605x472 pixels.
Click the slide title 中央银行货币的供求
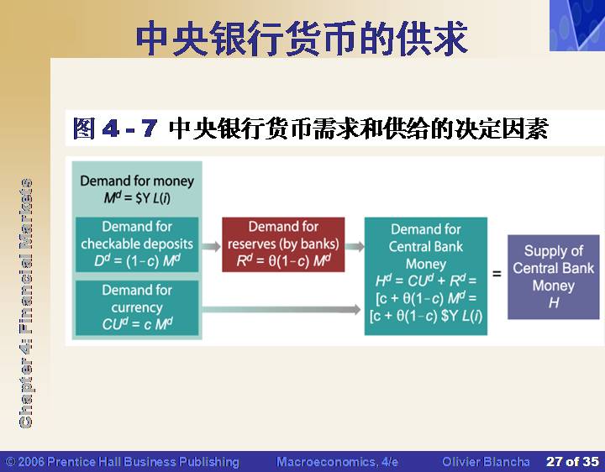click(302, 38)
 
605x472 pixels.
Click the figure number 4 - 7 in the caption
click(130, 128)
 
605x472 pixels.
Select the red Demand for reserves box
click(283, 244)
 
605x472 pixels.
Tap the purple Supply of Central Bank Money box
click(553, 277)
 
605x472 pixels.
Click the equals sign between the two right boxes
click(497, 274)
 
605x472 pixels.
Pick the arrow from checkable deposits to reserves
click(211, 246)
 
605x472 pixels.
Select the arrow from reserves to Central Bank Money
click(355, 246)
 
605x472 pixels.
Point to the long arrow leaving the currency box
click(281, 309)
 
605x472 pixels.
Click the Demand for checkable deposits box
click(137, 244)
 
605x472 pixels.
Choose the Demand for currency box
click(137, 307)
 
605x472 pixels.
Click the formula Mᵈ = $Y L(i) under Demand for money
click(137, 198)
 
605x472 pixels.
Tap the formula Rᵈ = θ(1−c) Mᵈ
click(283, 261)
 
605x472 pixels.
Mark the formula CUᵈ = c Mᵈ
click(137, 324)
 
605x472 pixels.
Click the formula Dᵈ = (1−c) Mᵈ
click(137, 261)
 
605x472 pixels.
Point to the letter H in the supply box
click(554, 302)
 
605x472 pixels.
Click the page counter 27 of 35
click(572, 462)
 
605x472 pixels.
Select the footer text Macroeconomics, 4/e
click(337, 462)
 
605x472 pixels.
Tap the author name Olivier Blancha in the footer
click(486, 462)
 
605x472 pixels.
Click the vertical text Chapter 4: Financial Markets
click(25, 303)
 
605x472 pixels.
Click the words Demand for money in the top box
click(137, 181)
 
